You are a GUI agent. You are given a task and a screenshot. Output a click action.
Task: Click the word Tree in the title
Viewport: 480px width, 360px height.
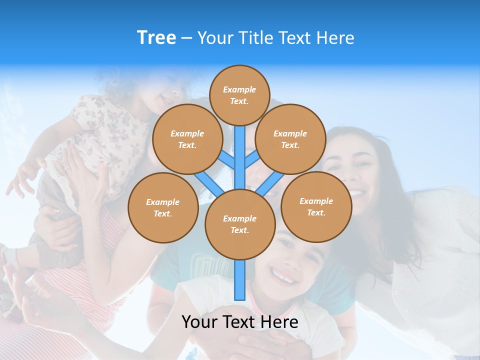pos(156,38)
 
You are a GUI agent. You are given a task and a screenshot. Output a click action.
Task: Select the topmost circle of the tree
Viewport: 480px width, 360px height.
pos(239,95)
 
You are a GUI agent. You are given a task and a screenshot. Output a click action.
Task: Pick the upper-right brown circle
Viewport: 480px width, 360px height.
pos(290,139)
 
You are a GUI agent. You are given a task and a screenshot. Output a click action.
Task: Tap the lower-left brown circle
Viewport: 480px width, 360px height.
pos(162,207)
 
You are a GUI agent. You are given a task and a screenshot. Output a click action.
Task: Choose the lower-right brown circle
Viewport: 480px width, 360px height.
pos(316,206)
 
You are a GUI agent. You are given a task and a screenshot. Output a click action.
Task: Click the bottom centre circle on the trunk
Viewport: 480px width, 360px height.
pos(239,224)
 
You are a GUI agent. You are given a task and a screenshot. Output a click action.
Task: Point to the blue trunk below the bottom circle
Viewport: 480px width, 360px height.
pos(240,280)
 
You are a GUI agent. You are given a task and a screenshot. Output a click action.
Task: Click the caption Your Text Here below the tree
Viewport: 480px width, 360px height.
pos(239,322)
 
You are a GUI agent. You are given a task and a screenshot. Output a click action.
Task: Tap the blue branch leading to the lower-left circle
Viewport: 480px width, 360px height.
pos(209,183)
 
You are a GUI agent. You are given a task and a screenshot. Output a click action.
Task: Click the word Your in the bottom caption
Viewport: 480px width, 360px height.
pos(199,322)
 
